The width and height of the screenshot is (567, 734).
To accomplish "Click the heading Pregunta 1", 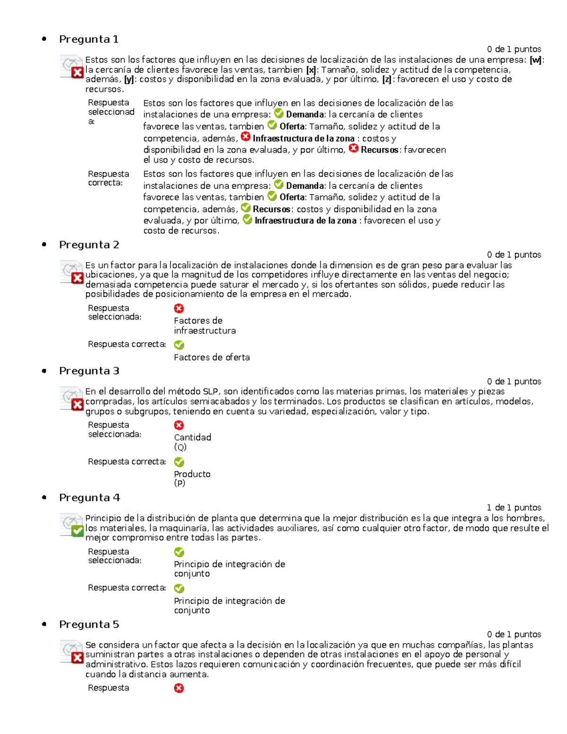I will coord(88,39).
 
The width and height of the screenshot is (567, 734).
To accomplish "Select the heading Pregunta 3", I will coord(89,371).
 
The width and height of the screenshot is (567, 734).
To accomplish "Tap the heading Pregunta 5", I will coord(89,624).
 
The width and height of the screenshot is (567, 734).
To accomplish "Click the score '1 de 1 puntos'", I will coord(514,508).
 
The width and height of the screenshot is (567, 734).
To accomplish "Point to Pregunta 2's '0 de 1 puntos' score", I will coord(514,255).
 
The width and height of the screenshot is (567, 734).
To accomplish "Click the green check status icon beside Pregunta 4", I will coord(77,531).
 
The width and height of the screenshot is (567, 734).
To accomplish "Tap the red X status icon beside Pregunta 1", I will coord(77,72).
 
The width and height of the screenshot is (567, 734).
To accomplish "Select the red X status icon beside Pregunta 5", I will coord(77,657).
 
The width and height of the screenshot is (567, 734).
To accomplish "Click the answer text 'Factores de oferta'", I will coord(212,357).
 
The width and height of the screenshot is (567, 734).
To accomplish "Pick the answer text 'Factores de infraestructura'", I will coord(205,326).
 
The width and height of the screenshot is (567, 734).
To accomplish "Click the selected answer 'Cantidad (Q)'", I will coord(192,442).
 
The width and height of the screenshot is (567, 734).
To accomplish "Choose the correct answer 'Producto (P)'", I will coord(192,478).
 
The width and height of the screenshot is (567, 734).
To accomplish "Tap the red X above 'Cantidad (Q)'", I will coord(179,425).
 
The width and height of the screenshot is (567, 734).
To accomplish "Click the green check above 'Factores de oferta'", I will coord(179,345).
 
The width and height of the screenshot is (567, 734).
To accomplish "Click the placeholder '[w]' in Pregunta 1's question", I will coord(536,60).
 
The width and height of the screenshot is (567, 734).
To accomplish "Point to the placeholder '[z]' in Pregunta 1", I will coord(387,79).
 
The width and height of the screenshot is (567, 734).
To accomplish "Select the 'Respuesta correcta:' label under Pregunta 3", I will coord(127,462).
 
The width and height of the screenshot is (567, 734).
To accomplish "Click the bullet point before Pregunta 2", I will coord(44,244).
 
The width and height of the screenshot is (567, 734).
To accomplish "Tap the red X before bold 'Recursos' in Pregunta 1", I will coord(353,149).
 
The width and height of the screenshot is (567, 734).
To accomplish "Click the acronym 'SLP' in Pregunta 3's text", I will coord(210,391).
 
